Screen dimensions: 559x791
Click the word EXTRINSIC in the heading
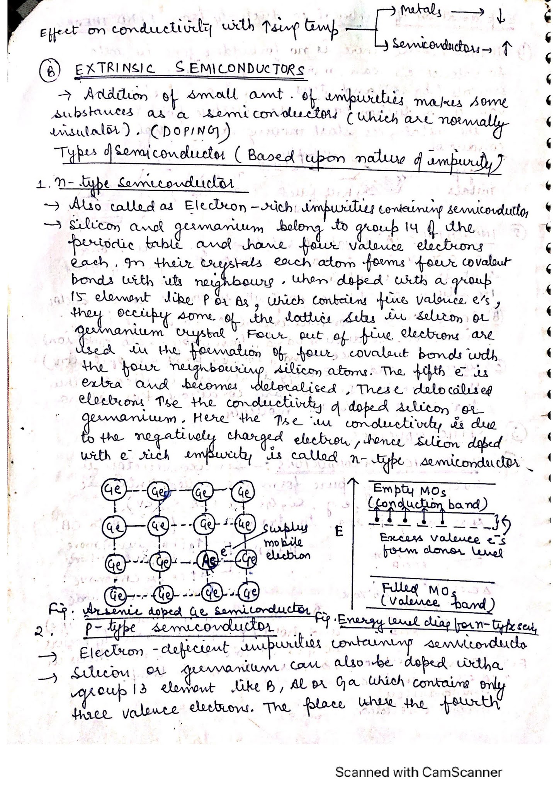[115, 70]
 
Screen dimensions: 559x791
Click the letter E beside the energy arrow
[339, 532]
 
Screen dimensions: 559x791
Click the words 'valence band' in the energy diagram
[437, 602]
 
